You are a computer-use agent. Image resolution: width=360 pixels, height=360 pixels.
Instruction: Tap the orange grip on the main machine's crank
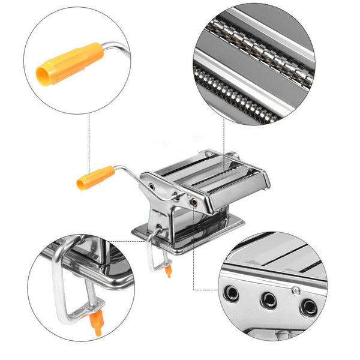point(95,178)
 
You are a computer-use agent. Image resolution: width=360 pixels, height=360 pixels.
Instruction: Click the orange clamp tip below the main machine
point(169,271)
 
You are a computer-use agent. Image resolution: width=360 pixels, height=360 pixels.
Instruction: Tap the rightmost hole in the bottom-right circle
point(308,307)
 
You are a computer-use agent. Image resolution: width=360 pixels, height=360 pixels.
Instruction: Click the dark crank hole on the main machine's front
point(196,204)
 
